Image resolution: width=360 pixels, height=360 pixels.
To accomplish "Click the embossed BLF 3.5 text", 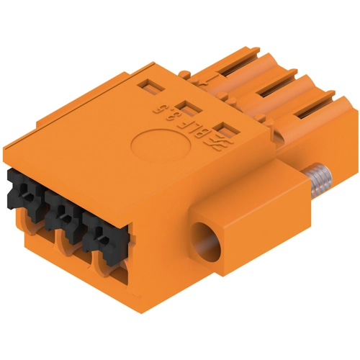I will click(x=186, y=120).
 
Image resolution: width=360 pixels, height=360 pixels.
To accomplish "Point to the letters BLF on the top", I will click(x=195, y=125).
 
